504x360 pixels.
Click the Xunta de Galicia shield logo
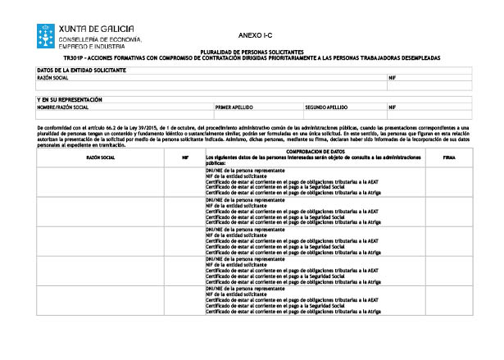[x=46, y=35]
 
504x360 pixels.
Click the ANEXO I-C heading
[x=251, y=36]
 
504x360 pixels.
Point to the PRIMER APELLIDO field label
[x=234, y=107]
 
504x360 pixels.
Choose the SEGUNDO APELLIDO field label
[x=326, y=107]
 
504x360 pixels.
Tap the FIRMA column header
[x=449, y=156]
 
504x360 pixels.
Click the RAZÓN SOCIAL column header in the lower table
[x=100, y=156]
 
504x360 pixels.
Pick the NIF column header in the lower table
[x=185, y=156]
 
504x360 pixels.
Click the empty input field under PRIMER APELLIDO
[x=257, y=115]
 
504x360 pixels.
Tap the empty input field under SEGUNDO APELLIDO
[x=344, y=115]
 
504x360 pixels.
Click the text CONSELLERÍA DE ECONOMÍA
[x=100, y=39]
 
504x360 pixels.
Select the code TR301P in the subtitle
[x=74, y=58]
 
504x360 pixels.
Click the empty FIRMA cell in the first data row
[x=449, y=181]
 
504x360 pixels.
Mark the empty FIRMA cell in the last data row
[x=449, y=300]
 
